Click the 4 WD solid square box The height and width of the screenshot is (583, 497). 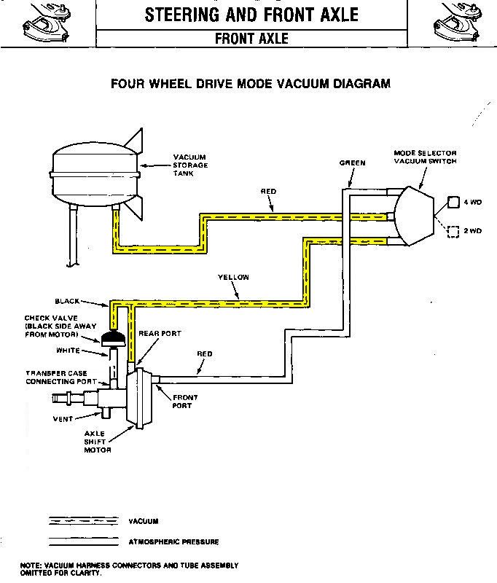point(452,202)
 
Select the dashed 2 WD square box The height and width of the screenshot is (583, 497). point(452,231)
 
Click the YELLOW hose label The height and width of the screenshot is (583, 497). point(233,277)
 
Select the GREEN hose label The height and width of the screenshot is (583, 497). point(352,163)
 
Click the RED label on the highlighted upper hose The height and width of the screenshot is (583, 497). point(268,191)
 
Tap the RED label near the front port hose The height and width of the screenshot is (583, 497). point(205,354)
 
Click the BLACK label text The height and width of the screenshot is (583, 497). point(67,300)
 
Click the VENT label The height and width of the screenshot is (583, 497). point(62,419)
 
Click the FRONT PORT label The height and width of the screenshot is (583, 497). point(181,402)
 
